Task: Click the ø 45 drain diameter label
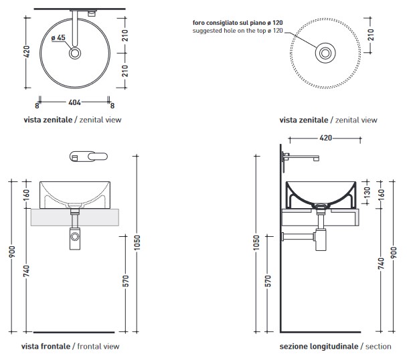[x=58, y=37]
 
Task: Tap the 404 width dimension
[x=74, y=102]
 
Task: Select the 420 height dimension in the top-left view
[x=27, y=52]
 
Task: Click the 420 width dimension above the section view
[x=326, y=138]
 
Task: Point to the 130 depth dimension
[x=367, y=192]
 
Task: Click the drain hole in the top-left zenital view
[x=75, y=53]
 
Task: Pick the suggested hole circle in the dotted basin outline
[x=325, y=53]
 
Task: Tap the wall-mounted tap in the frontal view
[x=88, y=157]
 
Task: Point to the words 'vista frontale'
[x=46, y=346]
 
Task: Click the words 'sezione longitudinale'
[x=319, y=347]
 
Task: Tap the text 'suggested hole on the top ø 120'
[x=238, y=31]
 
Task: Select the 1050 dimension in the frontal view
[x=137, y=242]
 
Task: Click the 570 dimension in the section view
[x=268, y=281]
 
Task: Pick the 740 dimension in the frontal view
[x=27, y=271]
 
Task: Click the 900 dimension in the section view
[x=394, y=252]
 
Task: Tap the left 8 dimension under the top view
[x=37, y=106]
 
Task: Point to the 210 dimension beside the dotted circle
[x=371, y=35]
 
